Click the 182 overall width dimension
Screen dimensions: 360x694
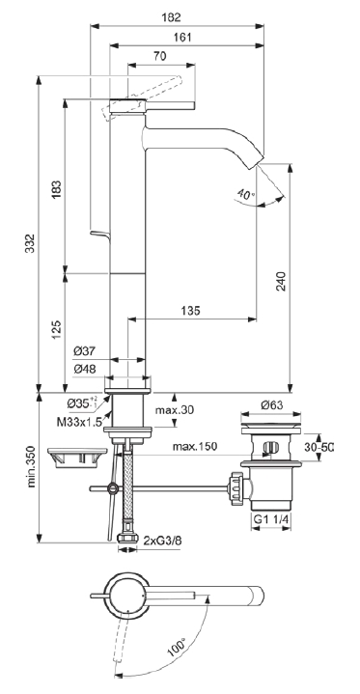click(172, 17)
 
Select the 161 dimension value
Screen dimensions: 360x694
click(182, 38)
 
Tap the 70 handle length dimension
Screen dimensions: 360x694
click(159, 56)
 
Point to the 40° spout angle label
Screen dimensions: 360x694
click(245, 194)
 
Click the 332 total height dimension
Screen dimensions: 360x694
click(30, 243)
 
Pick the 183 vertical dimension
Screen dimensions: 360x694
click(57, 189)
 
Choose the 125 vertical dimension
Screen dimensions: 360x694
click(57, 330)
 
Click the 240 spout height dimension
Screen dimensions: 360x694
click(281, 281)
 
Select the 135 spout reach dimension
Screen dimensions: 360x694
click(191, 310)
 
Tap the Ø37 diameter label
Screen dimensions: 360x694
click(84, 351)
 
